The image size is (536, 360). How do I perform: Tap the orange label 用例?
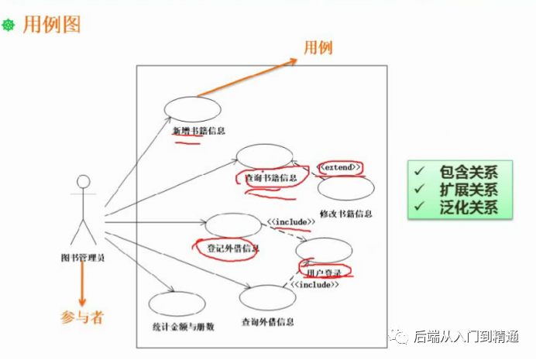click(x=318, y=48)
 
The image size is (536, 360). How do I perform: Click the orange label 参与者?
click(x=82, y=316)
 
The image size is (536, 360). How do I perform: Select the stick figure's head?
click(x=82, y=183)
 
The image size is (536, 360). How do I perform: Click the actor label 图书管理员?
click(x=83, y=257)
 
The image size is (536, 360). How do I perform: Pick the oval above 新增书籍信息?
click(x=192, y=108)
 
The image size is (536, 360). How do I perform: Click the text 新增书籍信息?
click(x=198, y=130)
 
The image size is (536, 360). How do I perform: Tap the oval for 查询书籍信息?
click(x=264, y=155)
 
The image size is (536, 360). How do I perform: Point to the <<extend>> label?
click(x=339, y=167)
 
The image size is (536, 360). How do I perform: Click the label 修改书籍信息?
click(x=345, y=214)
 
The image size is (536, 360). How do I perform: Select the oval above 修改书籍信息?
click(x=345, y=190)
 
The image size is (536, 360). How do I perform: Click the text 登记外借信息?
click(x=233, y=249)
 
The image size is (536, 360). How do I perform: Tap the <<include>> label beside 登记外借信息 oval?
click(x=291, y=222)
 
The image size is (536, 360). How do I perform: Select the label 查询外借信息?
click(x=267, y=321)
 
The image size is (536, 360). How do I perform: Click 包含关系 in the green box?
click(x=468, y=173)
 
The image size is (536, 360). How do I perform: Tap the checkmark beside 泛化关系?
click(x=419, y=207)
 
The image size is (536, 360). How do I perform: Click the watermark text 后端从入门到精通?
click(x=470, y=336)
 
